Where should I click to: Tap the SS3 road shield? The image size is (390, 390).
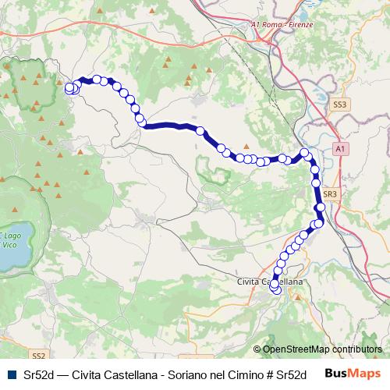pos(339,103)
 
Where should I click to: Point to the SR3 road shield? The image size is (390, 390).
pos(329,193)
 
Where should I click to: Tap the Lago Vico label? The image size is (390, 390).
pos(12,239)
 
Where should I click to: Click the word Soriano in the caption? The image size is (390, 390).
pos(187,374)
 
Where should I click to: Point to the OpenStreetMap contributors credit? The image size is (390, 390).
pos(321,350)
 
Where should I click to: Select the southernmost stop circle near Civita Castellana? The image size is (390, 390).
pos(275,289)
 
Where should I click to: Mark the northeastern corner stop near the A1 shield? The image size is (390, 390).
pos(306,154)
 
